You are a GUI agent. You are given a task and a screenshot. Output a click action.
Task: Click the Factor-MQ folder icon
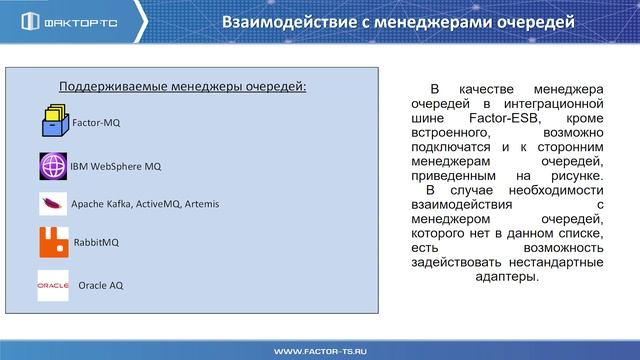(x=54, y=122)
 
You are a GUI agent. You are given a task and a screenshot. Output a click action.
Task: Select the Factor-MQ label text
(x=96, y=124)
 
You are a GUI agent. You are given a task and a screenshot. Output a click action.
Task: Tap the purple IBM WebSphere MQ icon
(x=53, y=165)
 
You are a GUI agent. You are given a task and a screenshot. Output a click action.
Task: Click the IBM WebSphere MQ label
(x=115, y=165)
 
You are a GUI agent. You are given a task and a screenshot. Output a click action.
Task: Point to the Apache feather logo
(x=53, y=204)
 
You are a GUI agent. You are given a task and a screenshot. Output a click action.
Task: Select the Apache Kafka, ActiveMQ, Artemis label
(x=145, y=204)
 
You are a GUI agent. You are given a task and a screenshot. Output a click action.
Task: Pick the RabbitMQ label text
(x=97, y=242)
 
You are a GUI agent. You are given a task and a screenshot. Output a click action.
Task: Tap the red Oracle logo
(x=52, y=285)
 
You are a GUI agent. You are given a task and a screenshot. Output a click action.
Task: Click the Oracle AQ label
(x=101, y=285)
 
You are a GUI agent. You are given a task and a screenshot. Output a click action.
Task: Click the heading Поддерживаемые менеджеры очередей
(x=183, y=86)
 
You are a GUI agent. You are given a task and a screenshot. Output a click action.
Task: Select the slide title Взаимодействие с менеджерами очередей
(x=399, y=22)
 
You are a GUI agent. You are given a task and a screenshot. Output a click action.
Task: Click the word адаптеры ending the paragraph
(x=508, y=277)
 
